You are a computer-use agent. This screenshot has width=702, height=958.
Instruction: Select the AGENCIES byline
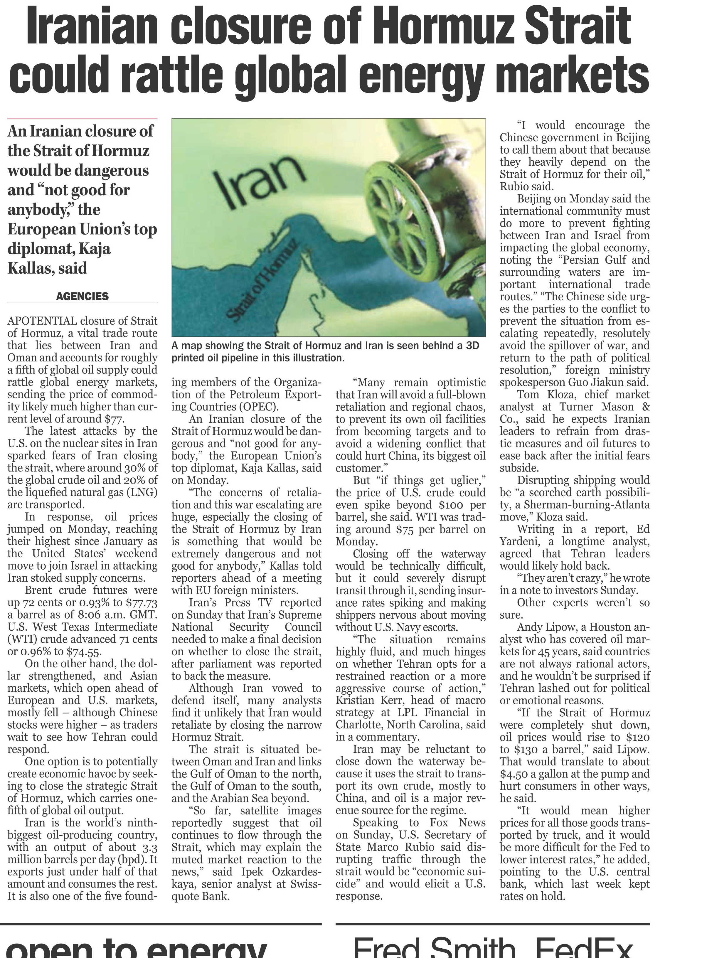pyautogui.click(x=83, y=297)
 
